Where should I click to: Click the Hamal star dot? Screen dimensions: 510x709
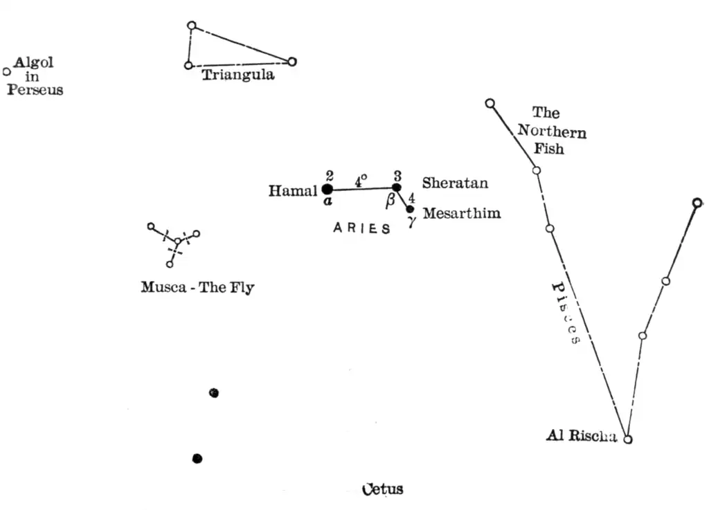[x=327, y=189]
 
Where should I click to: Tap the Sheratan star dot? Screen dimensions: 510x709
[x=397, y=188]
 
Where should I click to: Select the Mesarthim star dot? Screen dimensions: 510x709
[x=410, y=209]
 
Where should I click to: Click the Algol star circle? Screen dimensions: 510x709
[x=7, y=71]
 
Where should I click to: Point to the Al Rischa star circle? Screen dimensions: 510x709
[x=628, y=439]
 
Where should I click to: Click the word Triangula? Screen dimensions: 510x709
[x=237, y=75]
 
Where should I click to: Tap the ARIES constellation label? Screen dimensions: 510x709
[x=361, y=229]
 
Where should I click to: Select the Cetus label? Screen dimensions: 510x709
[x=383, y=489]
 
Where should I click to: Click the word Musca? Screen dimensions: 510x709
[x=163, y=287]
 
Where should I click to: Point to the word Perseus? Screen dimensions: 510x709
[x=35, y=90]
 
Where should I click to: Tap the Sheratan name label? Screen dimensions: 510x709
[x=455, y=183]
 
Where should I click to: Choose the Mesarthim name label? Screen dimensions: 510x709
[x=462, y=213]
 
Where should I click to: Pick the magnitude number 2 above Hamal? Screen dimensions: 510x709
[x=330, y=174]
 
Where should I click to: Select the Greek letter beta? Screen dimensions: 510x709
[x=391, y=201]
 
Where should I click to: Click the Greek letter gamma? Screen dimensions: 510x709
[x=411, y=221]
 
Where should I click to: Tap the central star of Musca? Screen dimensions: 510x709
[x=178, y=242]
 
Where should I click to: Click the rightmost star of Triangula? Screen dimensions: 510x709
[x=292, y=62]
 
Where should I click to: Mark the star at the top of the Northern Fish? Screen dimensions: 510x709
[x=490, y=104]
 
